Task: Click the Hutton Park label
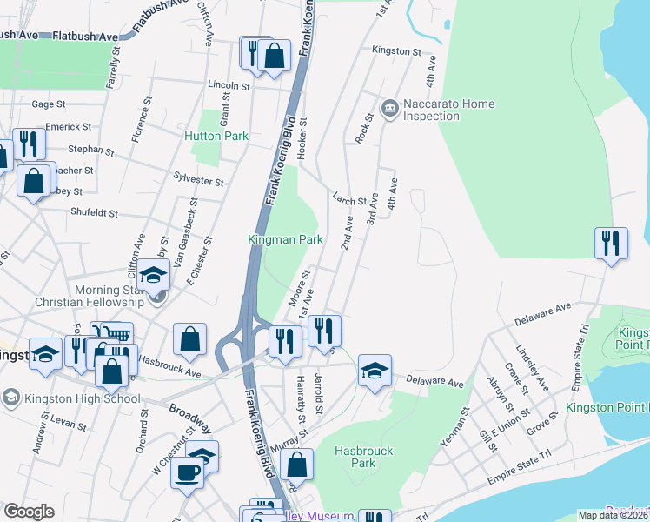(x=216, y=136)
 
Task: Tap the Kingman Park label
(x=285, y=238)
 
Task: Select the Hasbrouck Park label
(x=365, y=457)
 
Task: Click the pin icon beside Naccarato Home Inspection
(x=389, y=110)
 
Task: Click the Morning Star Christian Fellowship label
(x=84, y=296)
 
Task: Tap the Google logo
(x=29, y=512)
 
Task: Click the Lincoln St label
(x=229, y=86)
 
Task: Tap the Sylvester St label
(x=199, y=182)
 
